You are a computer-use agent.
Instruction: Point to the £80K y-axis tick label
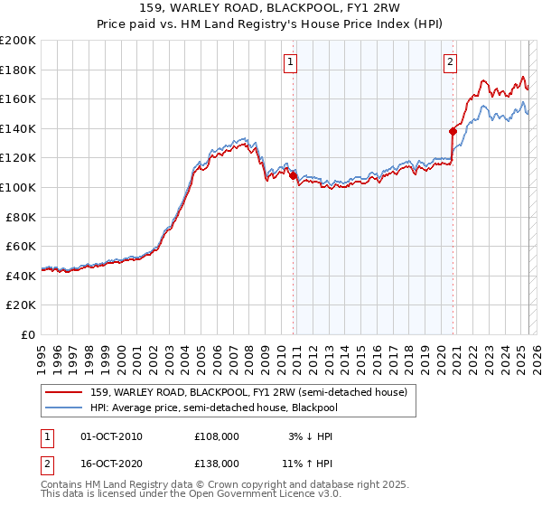(21, 217)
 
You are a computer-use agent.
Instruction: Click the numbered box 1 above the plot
(291, 62)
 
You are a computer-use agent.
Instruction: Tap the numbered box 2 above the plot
(450, 62)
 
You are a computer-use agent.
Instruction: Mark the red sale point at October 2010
(293, 176)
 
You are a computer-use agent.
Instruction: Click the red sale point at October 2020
(453, 131)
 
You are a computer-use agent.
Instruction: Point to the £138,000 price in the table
(217, 463)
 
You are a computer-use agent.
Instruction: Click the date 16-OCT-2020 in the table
(111, 463)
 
